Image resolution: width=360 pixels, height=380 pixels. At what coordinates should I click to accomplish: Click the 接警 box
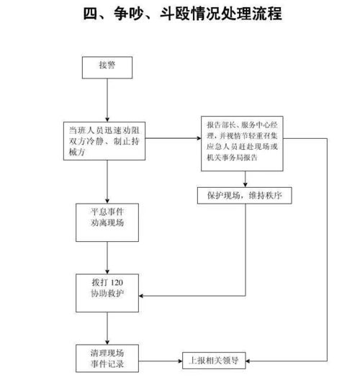[107, 66]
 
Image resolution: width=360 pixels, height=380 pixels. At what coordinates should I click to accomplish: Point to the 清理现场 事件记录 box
[107, 359]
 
